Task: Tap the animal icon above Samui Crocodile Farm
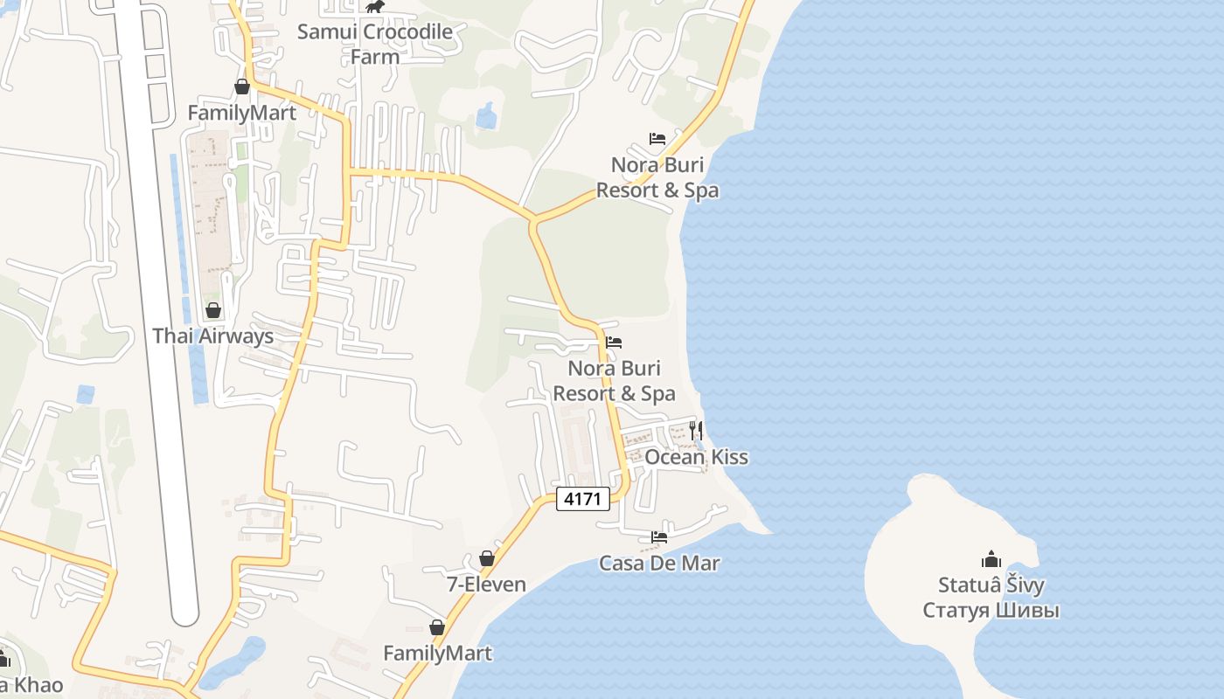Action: (x=375, y=7)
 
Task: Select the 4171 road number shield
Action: (x=583, y=499)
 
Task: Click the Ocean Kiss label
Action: (x=696, y=457)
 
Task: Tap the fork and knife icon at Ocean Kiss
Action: (x=696, y=430)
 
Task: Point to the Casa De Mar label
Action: (x=659, y=563)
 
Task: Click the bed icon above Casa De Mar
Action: (x=659, y=536)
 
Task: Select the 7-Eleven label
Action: (x=487, y=585)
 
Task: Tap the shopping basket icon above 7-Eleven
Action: (x=487, y=558)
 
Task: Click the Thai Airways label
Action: (x=212, y=336)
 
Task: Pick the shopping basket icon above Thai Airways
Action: (x=212, y=310)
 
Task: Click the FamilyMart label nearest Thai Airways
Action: (x=242, y=113)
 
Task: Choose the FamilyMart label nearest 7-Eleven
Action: (x=437, y=653)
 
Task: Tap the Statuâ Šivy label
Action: (x=991, y=585)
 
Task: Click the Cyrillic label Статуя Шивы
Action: (x=991, y=610)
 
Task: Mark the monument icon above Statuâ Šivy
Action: (x=991, y=558)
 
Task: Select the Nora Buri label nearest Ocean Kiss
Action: (x=614, y=381)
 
